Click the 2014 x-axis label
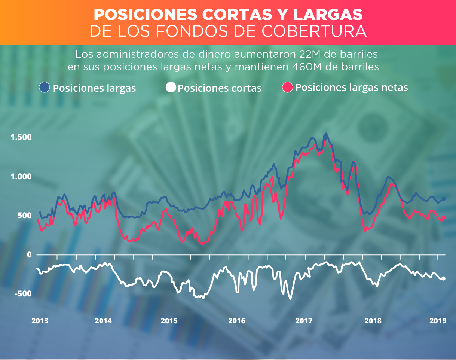[104, 321]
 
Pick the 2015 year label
[169, 321]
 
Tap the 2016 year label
[236, 321]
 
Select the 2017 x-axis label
[304, 321]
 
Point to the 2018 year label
[373, 321]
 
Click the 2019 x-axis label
[437, 321]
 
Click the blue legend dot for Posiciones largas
[45, 88]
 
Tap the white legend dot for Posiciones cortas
[170, 88]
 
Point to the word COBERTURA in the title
[314, 31]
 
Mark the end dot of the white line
[444, 278]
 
